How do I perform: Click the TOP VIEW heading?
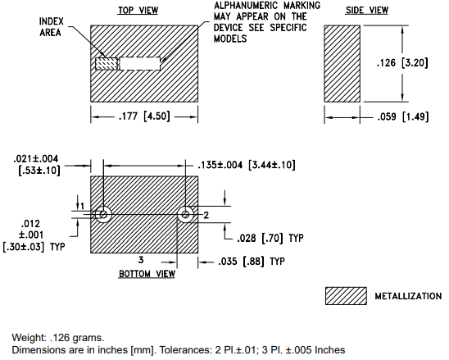(138, 11)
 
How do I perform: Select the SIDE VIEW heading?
(367, 11)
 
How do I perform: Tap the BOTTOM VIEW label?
(147, 274)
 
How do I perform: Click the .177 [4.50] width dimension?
(144, 116)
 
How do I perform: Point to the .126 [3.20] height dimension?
(402, 62)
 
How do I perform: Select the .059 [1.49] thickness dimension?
(403, 116)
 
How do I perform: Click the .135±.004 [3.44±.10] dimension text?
(247, 165)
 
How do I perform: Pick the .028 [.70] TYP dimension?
(270, 238)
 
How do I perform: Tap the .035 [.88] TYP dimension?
(252, 262)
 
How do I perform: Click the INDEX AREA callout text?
(52, 27)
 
